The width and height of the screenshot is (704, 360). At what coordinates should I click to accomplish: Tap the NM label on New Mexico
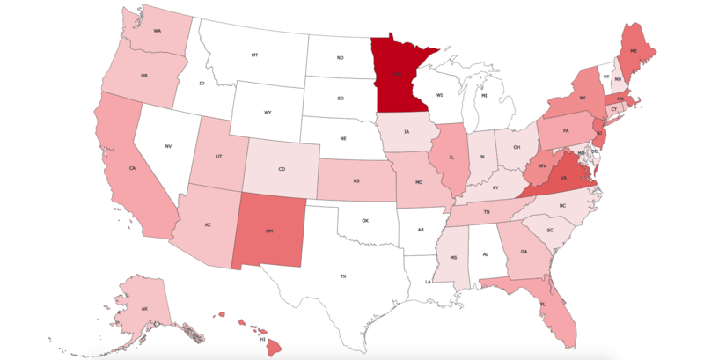pos(270,232)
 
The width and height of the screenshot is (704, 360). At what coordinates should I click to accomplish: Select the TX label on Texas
pos(343,276)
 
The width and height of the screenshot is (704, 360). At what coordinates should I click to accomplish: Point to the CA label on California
pos(132,168)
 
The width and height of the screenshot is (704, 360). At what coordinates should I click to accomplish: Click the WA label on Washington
pos(157,31)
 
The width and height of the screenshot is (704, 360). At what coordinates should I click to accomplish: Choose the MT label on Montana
pos(254,55)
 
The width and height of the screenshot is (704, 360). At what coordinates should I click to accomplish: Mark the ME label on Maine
pos(633,52)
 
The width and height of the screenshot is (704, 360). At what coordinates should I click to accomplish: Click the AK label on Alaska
pos(143,309)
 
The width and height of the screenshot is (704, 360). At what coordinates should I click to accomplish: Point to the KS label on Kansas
pos(357,180)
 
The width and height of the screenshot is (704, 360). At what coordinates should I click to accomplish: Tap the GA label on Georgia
pos(524,252)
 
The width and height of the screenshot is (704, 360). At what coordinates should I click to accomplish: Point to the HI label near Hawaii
pos(262,338)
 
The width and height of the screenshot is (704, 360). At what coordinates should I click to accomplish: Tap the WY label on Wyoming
pos(268,113)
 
